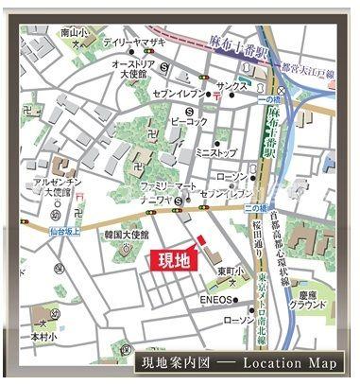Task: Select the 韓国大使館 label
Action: [127, 234]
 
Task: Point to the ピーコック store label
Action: [189, 122]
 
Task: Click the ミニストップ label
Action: [214, 152]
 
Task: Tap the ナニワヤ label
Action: [153, 201]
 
